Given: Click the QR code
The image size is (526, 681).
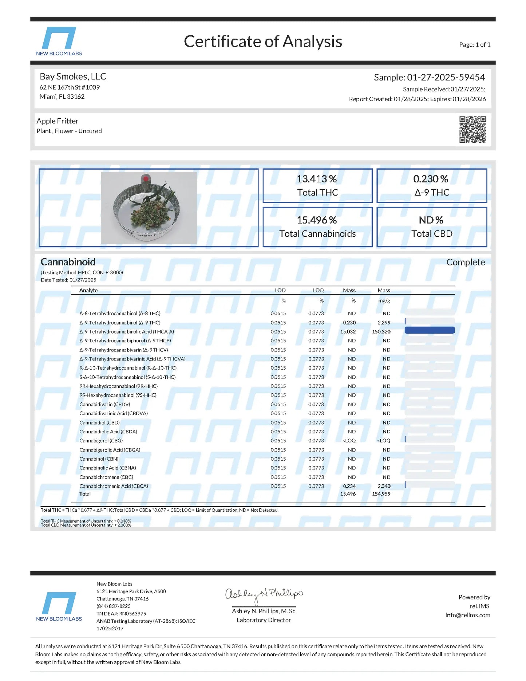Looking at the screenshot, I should pos(472,130).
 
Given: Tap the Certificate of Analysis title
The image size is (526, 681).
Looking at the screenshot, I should pos(263,42).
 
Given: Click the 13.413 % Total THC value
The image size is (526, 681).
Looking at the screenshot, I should pos(317,179).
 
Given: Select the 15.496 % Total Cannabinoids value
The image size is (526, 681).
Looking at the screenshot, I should pos(317,220).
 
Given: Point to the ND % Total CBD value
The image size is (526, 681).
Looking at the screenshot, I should pos(431,220).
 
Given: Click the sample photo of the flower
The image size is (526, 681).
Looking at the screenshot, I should pos(149,208).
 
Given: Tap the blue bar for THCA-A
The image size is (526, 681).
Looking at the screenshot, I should pos(430,330).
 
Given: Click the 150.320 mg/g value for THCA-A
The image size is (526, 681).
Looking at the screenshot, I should pos(381,332).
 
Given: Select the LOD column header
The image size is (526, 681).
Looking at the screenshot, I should pos(280,290).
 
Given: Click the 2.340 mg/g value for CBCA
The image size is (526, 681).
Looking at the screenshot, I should pos(384,486).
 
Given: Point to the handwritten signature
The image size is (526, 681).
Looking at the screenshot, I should pos(264,595).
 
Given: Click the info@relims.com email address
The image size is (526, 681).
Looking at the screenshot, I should pos(468,615).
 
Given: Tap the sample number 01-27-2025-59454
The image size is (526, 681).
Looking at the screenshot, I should pos(446,78).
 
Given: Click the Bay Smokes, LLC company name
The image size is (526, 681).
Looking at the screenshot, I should pos(73,76).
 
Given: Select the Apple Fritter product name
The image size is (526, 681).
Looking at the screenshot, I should pos(58,121).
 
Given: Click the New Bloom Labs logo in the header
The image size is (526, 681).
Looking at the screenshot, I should pos(59,41).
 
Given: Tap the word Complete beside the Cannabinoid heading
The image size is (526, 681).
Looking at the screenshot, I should pos(466,262).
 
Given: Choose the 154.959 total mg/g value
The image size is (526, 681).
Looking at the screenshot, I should pos(381,494).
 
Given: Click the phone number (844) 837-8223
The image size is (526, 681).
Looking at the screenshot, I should pos(114,606).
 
